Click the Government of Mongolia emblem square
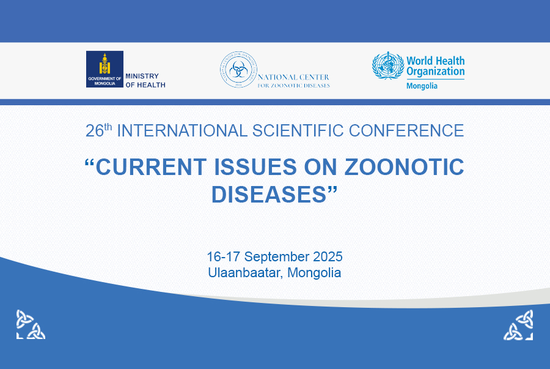coord(105,69)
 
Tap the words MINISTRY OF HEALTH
coord(145,80)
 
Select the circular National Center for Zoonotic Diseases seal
coord(238,70)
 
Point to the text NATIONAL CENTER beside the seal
coord(293,77)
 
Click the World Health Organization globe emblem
coord(388,65)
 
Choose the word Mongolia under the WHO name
coord(422,86)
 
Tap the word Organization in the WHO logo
coord(435,72)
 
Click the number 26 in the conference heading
coord(95,131)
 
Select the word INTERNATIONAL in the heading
coord(182,130)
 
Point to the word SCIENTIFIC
coord(298,130)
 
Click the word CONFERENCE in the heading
coord(406,130)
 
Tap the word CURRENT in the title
coord(151,166)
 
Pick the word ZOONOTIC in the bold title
coord(404,166)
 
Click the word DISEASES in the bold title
coord(269,194)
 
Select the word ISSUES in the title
coord(255,166)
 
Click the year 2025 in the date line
coord(328,256)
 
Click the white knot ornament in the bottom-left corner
coord(31,324)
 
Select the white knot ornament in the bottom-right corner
coord(518,325)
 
